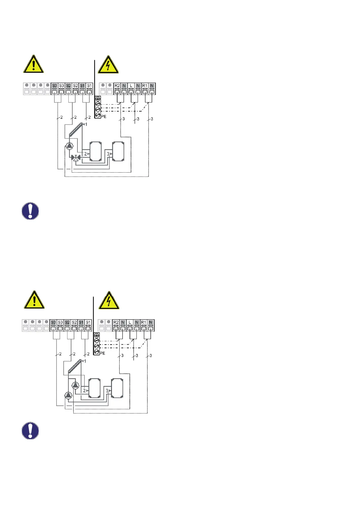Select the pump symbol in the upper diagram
click(x=70, y=146)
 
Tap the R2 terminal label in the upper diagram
click(x=117, y=86)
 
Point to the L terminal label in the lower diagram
click(x=129, y=323)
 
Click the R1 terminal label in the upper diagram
click(x=145, y=86)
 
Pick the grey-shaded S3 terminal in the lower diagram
click(x=53, y=323)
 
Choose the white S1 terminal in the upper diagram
click(x=89, y=86)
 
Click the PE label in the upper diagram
click(x=103, y=116)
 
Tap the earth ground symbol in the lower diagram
click(x=97, y=336)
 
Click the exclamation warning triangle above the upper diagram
click(x=33, y=64)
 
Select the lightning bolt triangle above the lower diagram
click(x=109, y=301)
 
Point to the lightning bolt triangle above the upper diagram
click(x=108, y=65)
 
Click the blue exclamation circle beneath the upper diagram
click(x=30, y=211)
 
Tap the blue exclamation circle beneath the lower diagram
click(x=30, y=430)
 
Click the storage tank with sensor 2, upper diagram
click(x=96, y=152)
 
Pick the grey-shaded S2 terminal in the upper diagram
click(x=68, y=86)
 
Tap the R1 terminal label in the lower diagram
click(x=143, y=323)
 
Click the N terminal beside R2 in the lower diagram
click(x=123, y=323)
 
